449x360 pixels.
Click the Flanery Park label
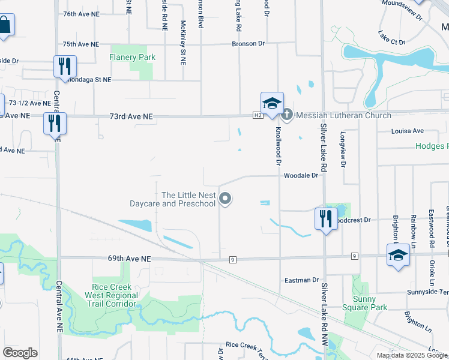tap(132, 58)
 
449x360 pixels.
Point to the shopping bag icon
tap(5, 25)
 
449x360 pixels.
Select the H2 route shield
tap(258, 115)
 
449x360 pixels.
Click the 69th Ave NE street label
tap(129, 259)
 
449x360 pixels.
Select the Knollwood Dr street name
tap(278, 146)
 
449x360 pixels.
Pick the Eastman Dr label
tap(302, 280)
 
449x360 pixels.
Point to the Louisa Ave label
tap(408, 131)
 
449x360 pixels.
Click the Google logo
tap(20, 353)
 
